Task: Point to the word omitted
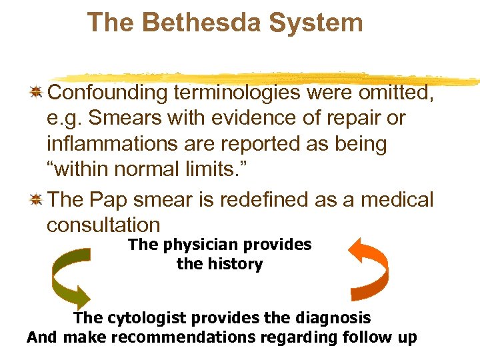pyautogui.click(x=396, y=92)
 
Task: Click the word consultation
pyautogui.click(x=103, y=225)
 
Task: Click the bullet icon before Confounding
pyautogui.click(x=37, y=92)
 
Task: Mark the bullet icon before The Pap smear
pyautogui.click(x=37, y=199)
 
